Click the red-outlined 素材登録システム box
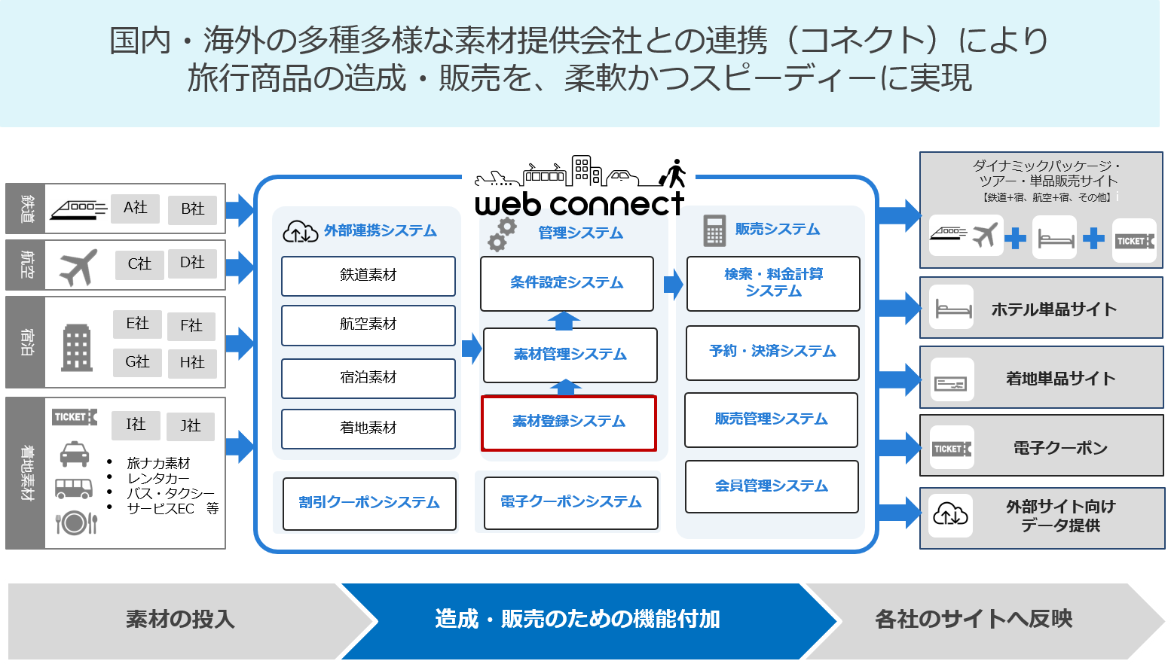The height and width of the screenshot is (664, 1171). click(569, 422)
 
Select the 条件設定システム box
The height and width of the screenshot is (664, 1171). click(567, 283)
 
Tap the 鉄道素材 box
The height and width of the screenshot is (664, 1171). click(368, 276)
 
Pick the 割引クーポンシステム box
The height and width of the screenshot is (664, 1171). click(368, 503)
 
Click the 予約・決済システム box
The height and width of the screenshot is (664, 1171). click(772, 352)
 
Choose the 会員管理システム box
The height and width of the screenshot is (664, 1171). click(772, 486)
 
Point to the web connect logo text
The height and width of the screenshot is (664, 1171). click(579, 204)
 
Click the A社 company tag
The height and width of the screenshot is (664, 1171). click(136, 208)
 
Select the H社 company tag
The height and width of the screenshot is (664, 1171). click(192, 363)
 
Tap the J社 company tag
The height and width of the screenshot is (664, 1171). click(191, 426)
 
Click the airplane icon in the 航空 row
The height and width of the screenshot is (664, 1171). click(78, 267)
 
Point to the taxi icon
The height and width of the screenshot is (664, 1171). click(74, 455)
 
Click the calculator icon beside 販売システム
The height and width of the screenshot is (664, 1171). click(714, 230)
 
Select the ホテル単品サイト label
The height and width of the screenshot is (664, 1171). click(1053, 309)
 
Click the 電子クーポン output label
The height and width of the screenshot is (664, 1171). click(1060, 449)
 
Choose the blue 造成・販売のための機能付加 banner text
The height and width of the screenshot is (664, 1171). click(577, 619)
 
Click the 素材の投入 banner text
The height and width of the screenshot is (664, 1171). click(180, 619)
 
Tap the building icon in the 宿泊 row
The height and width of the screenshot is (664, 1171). click(76, 347)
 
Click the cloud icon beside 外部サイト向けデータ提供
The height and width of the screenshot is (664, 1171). click(950, 515)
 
